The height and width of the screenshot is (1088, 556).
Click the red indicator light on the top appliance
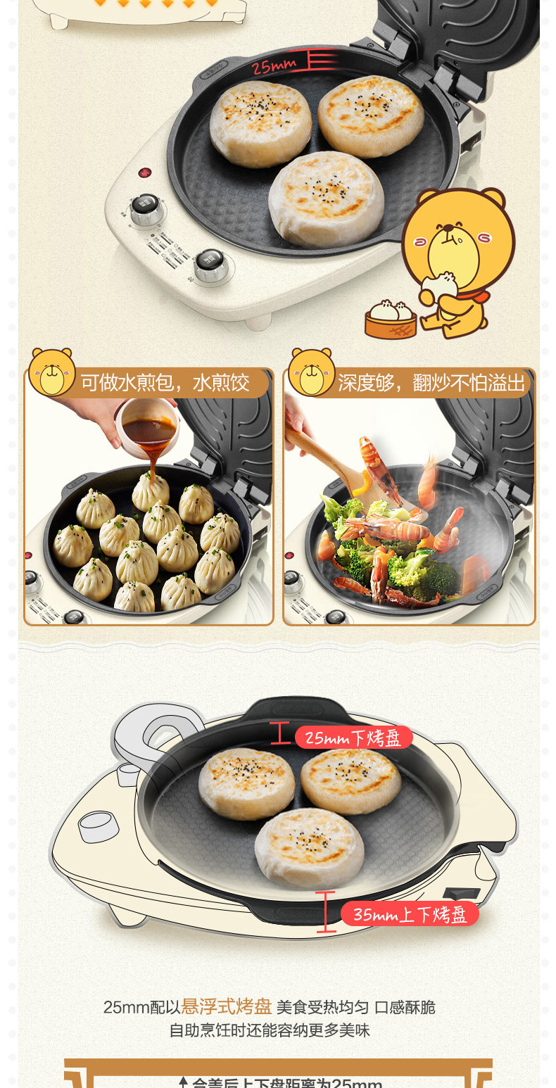click(x=146, y=172)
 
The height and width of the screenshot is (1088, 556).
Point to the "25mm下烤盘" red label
click(x=353, y=738)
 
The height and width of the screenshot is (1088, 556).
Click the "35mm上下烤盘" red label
click(x=410, y=914)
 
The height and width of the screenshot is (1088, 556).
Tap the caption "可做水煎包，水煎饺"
click(x=165, y=383)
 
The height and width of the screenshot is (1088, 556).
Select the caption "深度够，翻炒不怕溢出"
click(x=431, y=383)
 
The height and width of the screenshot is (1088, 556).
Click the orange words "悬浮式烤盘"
click(x=227, y=1006)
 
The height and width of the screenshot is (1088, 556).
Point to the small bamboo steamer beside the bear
click(x=391, y=320)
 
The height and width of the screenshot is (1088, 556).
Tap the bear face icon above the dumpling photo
click(x=51, y=372)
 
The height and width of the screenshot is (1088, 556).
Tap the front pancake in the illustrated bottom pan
click(x=310, y=847)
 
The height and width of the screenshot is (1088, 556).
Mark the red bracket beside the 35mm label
click(x=325, y=911)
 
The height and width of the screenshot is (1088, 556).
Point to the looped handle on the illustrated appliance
click(x=151, y=732)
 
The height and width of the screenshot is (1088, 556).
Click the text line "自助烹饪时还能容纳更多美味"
click(x=269, y=1030)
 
